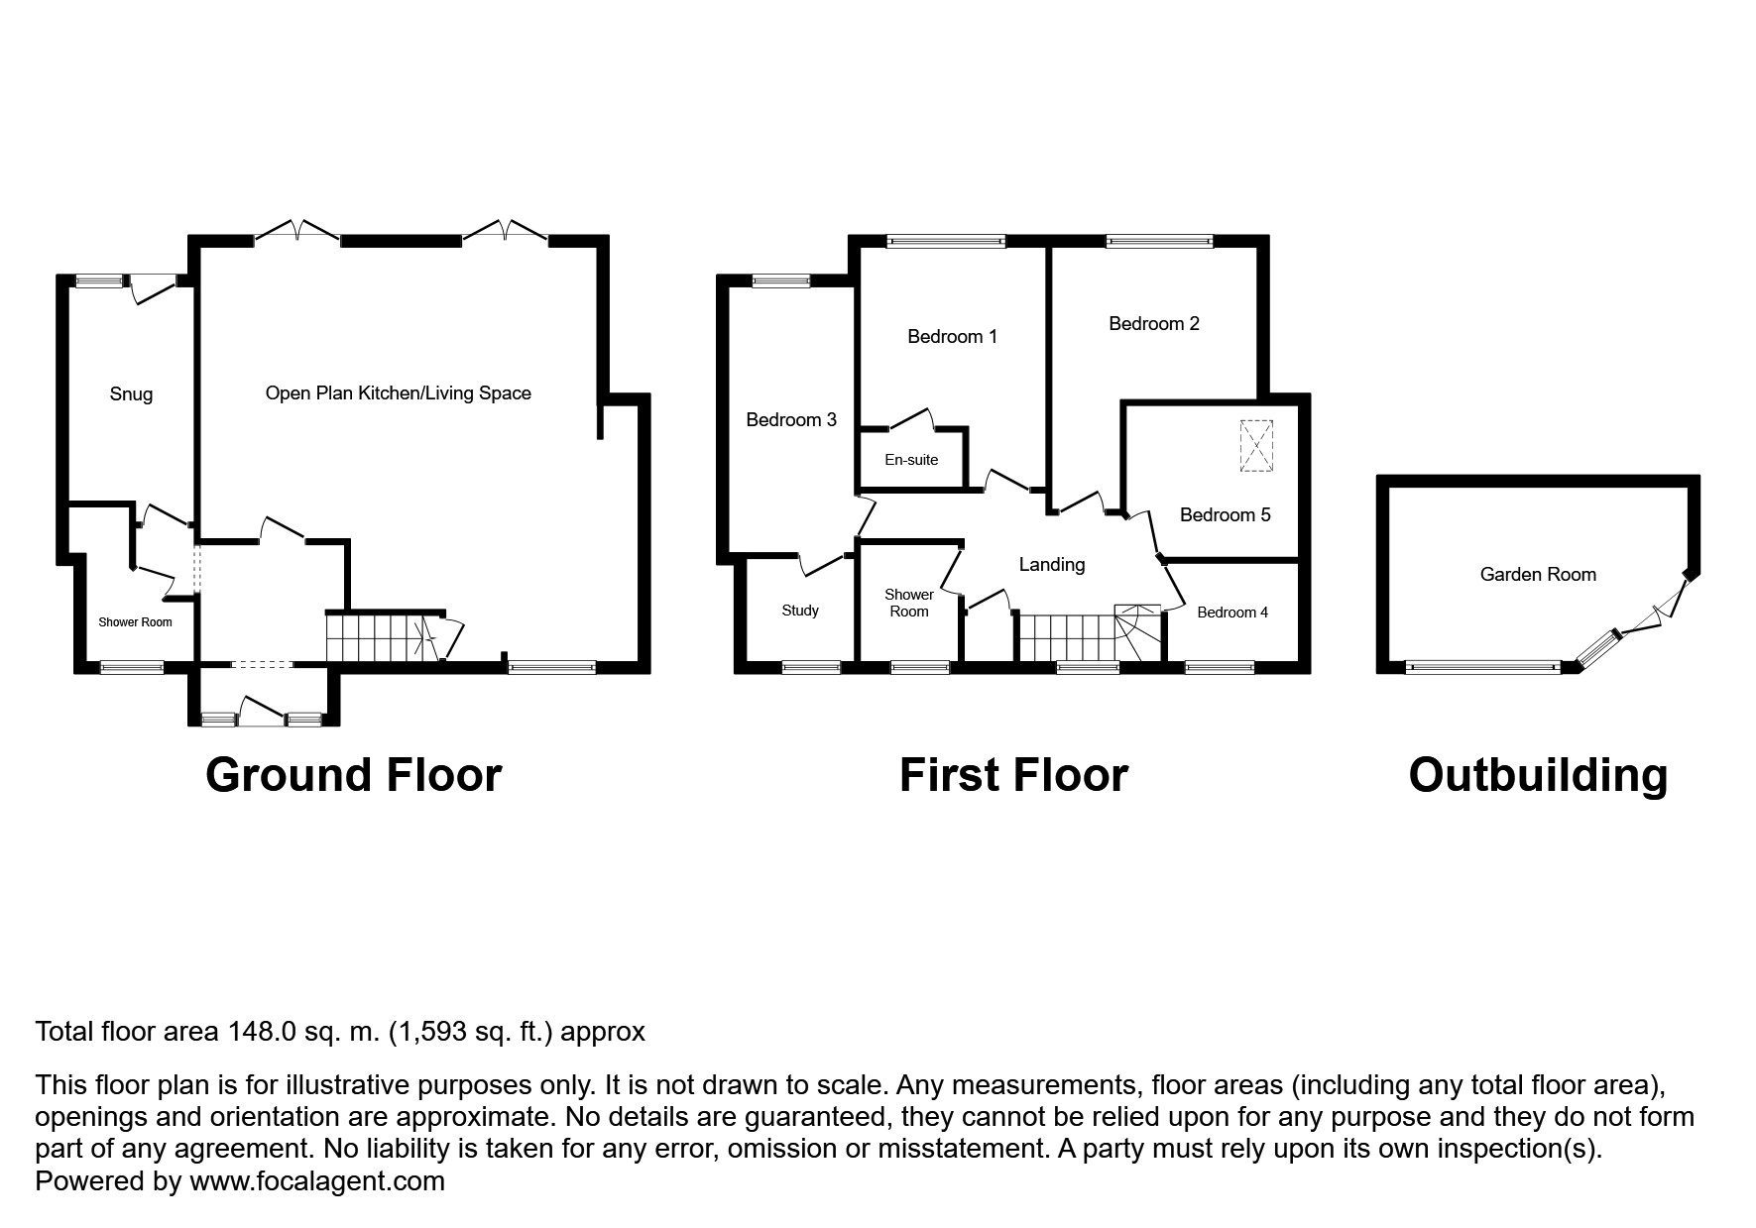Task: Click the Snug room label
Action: click(x=131, y=393)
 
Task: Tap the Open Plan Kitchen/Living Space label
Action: click(x=398, y=392)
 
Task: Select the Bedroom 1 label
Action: click(x=952, y=337)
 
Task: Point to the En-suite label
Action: click(x=911, y=460)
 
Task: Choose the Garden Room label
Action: click(x=1538, y=574)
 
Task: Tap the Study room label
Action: click(x=800, y=611)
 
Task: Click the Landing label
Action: click(x=1052, y=564)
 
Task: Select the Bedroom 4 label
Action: click(x=1232, y=613)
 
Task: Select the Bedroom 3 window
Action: click(x=781, y=280)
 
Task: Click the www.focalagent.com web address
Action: click(x=317, y=1181)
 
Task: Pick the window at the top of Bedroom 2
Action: click(x=1159, y=240)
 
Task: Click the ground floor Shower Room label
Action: click(x=135, y=622)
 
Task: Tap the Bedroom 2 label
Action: click(x=1154, y=323)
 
